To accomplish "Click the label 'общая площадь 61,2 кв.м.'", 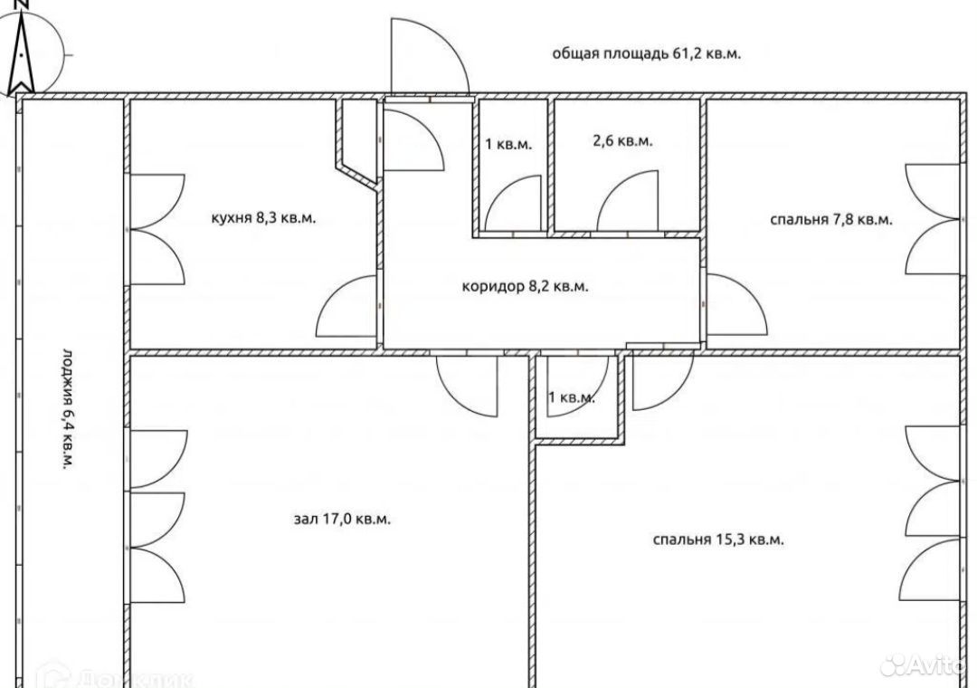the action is click(646, 53).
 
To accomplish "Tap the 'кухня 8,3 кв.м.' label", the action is click(263, 218).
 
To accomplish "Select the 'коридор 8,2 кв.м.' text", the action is click(525, 286).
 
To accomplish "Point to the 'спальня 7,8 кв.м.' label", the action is click(831, 220).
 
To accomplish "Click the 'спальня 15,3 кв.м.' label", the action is click(717, 540).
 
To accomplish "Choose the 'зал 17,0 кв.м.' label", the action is click(342, 519).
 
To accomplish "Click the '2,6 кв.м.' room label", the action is click(622, 141).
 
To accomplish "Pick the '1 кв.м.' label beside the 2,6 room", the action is click(508, 145).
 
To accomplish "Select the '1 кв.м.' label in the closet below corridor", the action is click(572, 397).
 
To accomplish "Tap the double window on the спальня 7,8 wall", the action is click(933, 219).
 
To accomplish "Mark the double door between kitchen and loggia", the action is click(157, 230).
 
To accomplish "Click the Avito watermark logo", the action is click(926, 665).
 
